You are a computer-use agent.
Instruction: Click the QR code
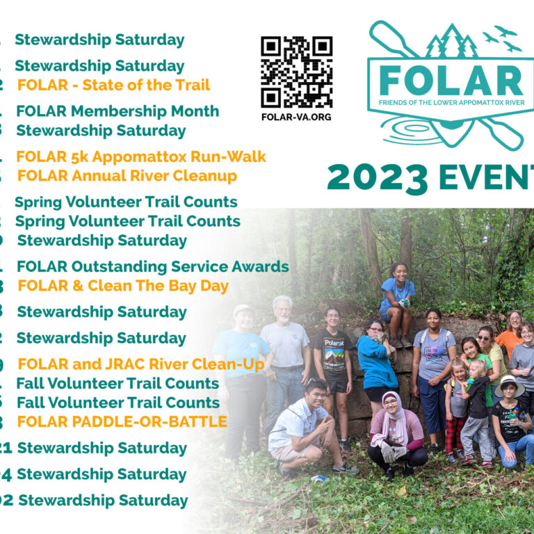[x=296, y=72]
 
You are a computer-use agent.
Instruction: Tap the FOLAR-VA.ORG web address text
[x=296, y=116]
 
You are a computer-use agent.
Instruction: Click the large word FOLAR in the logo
[x=451, y=82]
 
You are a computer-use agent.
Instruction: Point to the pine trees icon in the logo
[x=452, y=43]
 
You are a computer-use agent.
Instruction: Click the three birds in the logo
[x=502, y=38]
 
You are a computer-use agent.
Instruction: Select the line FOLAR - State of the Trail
[x=113, y=86]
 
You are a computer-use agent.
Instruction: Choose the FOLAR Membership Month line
[x=118, y=111]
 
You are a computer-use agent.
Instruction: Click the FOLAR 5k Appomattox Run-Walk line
[x=141, y=157]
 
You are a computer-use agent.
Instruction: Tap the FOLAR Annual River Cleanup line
[x=127, y=176]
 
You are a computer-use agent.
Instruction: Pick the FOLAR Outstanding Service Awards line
[x=153, y=266]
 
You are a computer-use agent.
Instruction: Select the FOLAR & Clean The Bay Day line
[x=123, y=286]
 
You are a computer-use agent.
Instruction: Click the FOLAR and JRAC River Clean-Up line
[x=141, y=364]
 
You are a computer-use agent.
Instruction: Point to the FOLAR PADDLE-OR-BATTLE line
[x=122, y=421]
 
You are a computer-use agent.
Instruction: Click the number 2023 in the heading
[x=378, y=178]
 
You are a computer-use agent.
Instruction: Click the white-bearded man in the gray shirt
[x=284, y=348]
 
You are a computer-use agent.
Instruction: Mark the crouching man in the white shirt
[x=300, y=421]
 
